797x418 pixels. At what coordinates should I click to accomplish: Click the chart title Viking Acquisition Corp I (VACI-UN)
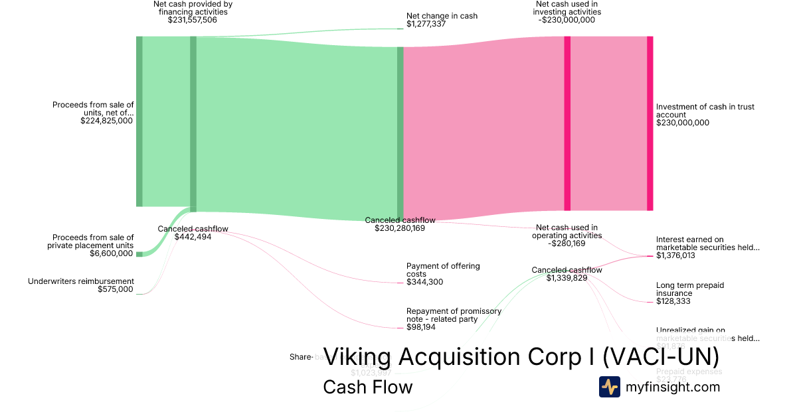click(521, 357)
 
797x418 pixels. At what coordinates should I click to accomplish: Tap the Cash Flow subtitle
click(367, 387)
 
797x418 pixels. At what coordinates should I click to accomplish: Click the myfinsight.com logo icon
click(609, 387)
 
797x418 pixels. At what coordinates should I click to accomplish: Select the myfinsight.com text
click(673, 387)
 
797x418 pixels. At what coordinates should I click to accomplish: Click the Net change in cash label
click(442, 16)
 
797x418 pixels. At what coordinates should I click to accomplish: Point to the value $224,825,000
click(107, 121)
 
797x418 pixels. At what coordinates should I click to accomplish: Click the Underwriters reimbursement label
click(81, 281)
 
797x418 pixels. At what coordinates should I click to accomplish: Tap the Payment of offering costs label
click(442, 270)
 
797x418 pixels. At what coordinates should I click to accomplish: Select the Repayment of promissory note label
click(454, 314)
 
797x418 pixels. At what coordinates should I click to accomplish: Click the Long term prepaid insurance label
click(689, 289)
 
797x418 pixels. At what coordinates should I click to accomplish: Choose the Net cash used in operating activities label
click(567, 232)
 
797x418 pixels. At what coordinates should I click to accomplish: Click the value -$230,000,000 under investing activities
click(568, 20)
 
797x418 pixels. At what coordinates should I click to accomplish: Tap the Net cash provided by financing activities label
click(192, 8)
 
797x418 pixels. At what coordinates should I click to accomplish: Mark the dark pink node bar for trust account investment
click(650, 123)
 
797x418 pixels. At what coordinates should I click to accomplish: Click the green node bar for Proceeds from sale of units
click(139, 121)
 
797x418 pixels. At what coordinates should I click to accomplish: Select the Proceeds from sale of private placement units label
click(93, 242)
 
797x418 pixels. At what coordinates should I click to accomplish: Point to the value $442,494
click(193, 237)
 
